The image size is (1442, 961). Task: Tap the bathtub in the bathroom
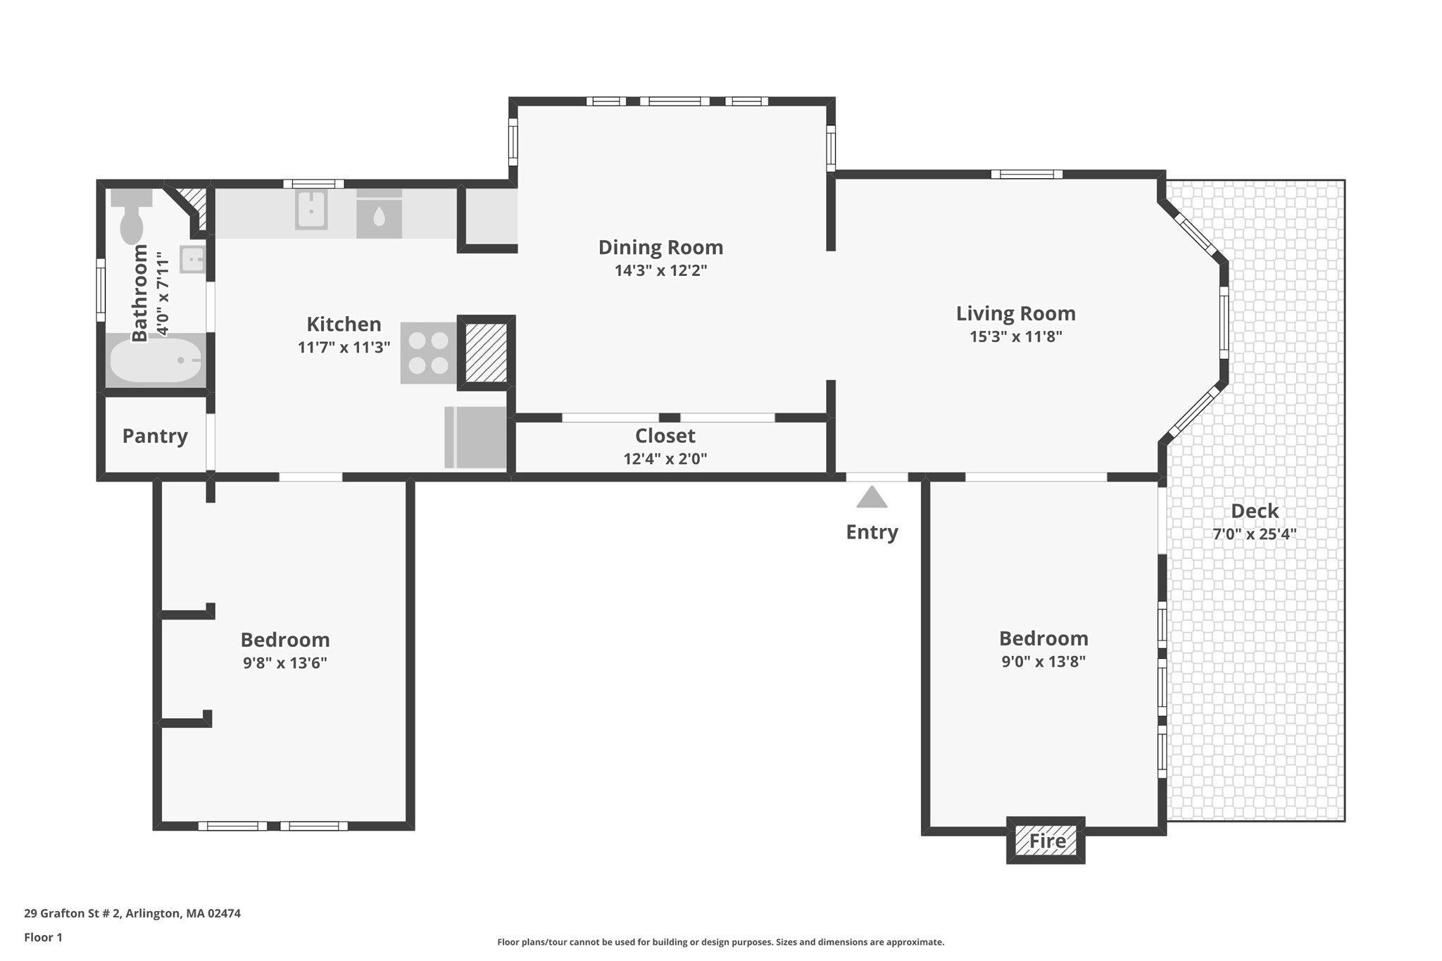156,360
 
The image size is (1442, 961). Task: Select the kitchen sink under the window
311,209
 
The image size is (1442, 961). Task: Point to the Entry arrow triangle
872,497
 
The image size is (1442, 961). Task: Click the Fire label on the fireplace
1047,841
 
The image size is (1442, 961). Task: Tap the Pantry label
155,436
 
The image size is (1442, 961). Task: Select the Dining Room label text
660,247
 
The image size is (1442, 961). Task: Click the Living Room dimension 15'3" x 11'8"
1015,337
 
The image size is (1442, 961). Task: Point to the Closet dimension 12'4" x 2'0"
665,459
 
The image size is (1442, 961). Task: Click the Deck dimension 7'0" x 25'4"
1254,534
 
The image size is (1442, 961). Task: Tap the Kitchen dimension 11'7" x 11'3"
344,347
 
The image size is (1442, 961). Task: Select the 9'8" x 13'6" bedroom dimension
285,662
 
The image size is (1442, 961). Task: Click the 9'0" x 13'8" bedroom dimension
1043,661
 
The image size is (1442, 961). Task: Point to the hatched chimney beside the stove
487,352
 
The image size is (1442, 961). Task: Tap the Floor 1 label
43,937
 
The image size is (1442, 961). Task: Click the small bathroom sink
192,259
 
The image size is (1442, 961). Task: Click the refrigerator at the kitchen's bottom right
475,437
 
